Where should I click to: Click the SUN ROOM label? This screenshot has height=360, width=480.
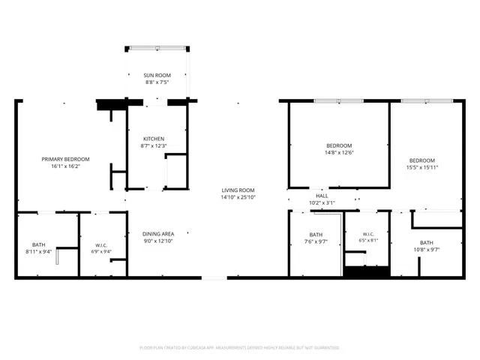pos(157,75)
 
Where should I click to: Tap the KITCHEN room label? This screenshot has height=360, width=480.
pos(154,139)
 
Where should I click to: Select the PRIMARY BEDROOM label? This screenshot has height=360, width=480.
pos(65,159)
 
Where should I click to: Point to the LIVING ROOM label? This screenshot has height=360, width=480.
pos(238,190)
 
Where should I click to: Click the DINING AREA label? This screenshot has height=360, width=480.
pos(158,234)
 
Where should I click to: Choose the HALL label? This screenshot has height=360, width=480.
pos(322,196)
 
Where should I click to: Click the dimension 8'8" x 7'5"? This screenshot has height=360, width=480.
pos(157,82)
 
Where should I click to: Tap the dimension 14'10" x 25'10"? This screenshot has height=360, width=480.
pos(238,197)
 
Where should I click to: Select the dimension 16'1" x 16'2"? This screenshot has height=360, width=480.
pos(65,166)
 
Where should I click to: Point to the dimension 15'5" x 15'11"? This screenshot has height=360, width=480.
pos(422,167)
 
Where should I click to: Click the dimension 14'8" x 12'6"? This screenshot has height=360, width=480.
pos(339,152)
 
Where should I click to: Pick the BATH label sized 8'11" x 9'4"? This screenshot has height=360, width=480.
pos(38,245)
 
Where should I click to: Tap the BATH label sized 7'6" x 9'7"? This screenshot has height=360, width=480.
pos(316,235)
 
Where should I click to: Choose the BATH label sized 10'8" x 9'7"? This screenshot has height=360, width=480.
pos(427,243)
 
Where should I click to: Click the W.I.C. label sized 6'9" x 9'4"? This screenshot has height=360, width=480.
pos(101,245)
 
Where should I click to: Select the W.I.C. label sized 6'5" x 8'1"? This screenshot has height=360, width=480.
pos(368,234)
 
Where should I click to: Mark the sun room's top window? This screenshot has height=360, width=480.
pos(157,48)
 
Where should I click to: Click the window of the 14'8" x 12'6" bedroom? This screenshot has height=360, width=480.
pos(339,101)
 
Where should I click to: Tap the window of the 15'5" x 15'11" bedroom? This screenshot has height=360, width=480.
pos(427,101)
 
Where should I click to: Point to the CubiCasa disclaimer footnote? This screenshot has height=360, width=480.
pos(239,348)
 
